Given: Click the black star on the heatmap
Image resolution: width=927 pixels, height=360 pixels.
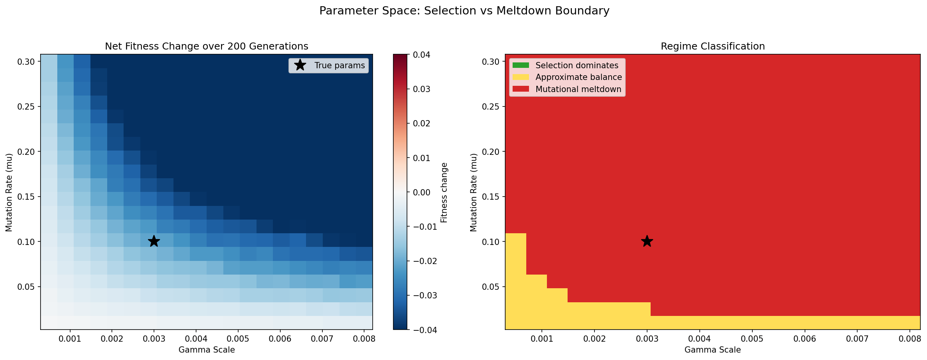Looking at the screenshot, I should pos(154,241).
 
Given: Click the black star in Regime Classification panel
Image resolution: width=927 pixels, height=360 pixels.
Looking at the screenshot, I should pos(647,241).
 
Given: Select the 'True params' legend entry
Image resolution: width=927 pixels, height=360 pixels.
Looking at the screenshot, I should pos(339,66).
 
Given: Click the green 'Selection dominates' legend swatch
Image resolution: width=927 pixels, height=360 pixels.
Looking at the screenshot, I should pos(521,66).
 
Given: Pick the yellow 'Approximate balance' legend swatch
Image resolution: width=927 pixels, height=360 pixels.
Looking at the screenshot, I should pos(521,77).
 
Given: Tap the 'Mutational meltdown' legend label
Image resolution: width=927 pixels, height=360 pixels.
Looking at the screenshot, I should pos(578,89).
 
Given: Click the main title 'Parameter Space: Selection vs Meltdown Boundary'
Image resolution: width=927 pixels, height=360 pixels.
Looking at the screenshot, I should pos(464,11).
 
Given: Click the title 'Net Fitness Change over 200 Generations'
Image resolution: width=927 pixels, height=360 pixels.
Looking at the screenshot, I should pos(207,46).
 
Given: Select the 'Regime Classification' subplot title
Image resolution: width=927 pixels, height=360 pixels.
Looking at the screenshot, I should pos(713,46).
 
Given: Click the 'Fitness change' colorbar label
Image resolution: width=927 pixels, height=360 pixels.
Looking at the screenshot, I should pos(444,193).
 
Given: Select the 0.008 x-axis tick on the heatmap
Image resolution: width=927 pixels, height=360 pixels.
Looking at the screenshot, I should pos(364,339).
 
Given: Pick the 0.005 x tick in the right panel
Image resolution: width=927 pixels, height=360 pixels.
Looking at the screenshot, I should pos(752,339).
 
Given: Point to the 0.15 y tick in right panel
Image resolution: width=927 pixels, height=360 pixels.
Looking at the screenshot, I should pos(491,197).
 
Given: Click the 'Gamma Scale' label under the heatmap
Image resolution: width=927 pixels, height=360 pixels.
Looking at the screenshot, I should pos(207,350).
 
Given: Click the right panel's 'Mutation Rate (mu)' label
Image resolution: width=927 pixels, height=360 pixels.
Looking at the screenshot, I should pos(474,193).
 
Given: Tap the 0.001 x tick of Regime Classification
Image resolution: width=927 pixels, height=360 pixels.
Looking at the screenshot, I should pos(542,339).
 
